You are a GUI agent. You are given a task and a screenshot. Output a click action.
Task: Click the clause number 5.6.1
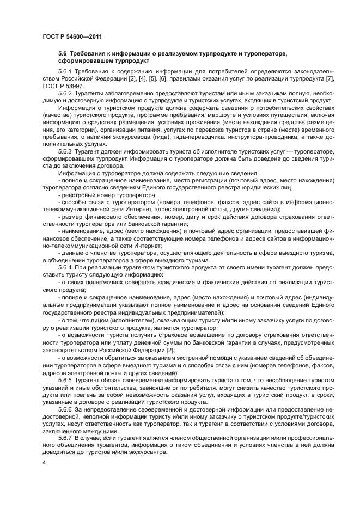pos(66,71)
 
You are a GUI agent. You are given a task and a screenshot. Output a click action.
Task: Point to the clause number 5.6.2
pos(66,93)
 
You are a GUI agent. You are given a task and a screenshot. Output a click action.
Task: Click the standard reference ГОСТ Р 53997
pos(61,85)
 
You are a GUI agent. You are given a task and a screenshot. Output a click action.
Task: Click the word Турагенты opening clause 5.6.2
pos(90,93)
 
